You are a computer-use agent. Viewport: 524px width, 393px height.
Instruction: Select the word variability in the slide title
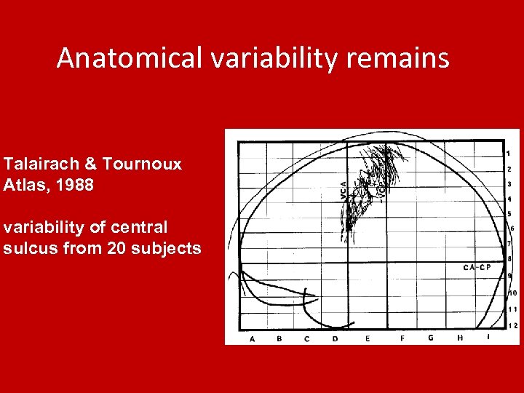click(x=273, y=58)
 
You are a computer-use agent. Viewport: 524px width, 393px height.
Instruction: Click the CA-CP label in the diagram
click(x=477, y=267)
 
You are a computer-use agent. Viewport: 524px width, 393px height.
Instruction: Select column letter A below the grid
click(x=253, y=338)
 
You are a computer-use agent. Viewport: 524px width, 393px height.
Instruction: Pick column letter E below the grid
click(x=368, y=338)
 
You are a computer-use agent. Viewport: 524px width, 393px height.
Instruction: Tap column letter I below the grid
click(x=488, y=338)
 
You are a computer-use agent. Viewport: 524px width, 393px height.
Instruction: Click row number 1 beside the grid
click(x=508, y=154)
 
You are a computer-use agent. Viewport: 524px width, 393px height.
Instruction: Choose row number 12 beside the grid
click(x=513, y=325)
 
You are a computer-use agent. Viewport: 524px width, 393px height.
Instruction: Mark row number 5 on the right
click(x=509, y=214)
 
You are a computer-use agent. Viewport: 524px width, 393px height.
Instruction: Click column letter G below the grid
click(x=430, y=338)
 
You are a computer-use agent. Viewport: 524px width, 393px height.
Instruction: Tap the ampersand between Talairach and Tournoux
click(x=91, y=164)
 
